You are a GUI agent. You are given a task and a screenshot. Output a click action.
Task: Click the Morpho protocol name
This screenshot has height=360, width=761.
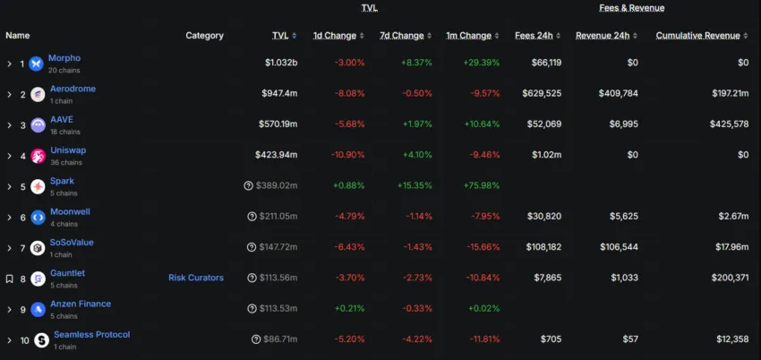point(65,58)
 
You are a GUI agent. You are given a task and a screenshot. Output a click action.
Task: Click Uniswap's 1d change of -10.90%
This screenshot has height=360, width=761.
point(343,155)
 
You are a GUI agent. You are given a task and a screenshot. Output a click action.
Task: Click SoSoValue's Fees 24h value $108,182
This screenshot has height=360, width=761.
point(540,247)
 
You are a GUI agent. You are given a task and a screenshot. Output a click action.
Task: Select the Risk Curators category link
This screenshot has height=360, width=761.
point(196,278)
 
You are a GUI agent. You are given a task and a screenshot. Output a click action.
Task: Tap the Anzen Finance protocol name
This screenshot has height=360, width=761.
point(81,304)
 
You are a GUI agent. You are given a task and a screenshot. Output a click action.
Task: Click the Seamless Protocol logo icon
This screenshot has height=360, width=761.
point(41,339)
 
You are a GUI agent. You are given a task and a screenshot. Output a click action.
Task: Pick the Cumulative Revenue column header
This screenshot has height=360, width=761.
point(698,36)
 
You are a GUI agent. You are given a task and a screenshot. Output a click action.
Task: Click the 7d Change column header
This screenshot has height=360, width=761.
point(401,36)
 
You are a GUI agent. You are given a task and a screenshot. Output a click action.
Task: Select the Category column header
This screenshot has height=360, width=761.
point(205,36)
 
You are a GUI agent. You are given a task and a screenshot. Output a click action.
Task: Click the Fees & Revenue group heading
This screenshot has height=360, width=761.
point(632,8)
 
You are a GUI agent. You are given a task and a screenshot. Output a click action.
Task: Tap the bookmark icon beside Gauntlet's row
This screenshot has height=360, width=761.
point(9,279)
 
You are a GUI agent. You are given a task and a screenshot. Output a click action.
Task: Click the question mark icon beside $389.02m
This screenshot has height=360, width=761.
point(248,186)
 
